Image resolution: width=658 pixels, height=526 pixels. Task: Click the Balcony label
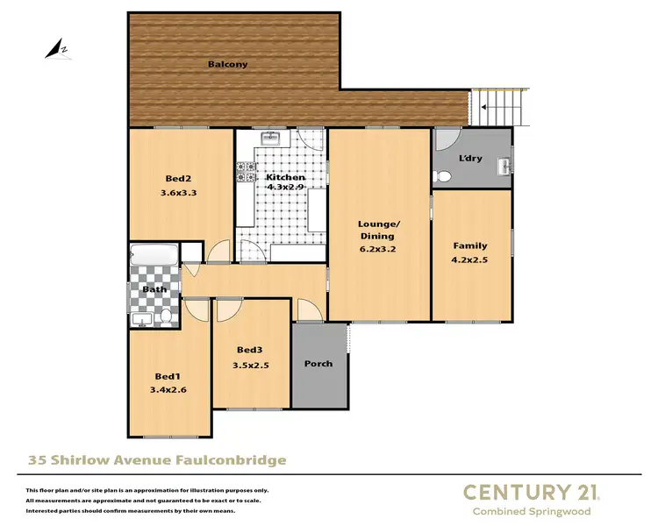tap(227, 64)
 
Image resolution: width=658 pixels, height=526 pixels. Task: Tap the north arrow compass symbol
tap(59, 49)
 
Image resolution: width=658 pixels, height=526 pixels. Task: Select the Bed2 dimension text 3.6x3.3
tap(178, 194)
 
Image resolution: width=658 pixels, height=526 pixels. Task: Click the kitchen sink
tap(270, 138)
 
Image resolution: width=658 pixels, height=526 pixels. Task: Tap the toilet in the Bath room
tap(166, 316)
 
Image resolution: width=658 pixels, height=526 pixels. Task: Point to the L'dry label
tap(471, 159)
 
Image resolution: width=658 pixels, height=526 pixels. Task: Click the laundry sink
tap(504, 166)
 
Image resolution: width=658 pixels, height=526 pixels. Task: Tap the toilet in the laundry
tap(444, 176)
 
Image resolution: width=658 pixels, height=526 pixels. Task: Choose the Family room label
tap(469, 245)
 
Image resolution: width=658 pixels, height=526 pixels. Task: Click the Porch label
tap(318, 363)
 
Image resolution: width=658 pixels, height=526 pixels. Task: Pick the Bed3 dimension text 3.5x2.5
tap(251, 366)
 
